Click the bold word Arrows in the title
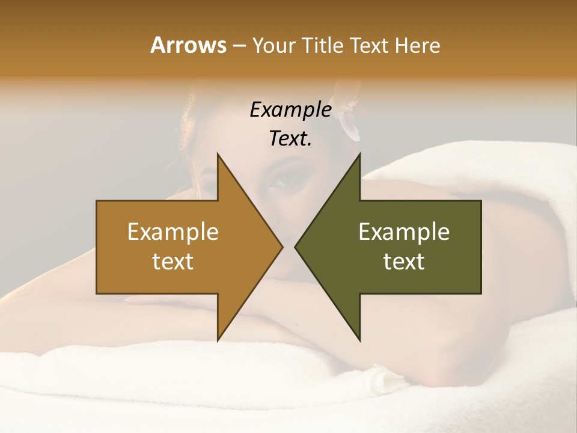(x=188, y=45)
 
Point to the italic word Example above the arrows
(x=290, y=109)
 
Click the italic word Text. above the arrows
(x=290, y=138)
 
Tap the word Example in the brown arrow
(x=173, y=232)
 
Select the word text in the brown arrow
(x=173, y=262)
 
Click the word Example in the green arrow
(x=404, y=232)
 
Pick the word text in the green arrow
(x=404, y=262)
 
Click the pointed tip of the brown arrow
(x=282, y=247)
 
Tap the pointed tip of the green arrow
(x=296, y=247)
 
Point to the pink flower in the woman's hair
(x=349, y=117)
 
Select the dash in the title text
(x=239, y=46)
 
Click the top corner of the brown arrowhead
(x=218, y=154)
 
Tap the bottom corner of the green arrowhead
(x=359, y=340)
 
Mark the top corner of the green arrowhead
(x=359, y=154)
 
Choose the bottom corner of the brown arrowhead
(x=218, y=340)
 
